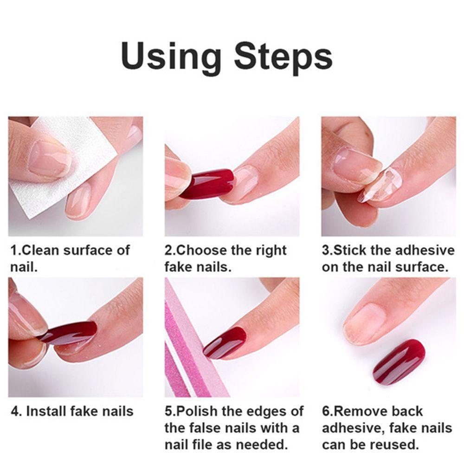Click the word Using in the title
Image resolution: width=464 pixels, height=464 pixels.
pyautogui.click(x=171, y=56)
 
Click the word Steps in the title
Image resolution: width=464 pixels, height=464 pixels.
pyautogui.click(x=283, y=56)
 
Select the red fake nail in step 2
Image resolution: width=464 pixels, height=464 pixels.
pyautogui.click(x=207, y=183)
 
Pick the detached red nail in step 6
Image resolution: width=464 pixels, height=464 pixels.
pyautogui.click(x=399, y=361)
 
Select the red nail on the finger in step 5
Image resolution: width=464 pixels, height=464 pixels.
pyautogui.click(x=225, y=343)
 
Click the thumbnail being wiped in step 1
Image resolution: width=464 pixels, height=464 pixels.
pyautogui.click(x=50, y=158)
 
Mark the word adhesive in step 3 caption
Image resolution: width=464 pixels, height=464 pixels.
pyautogui.click(x=425, y=251)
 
